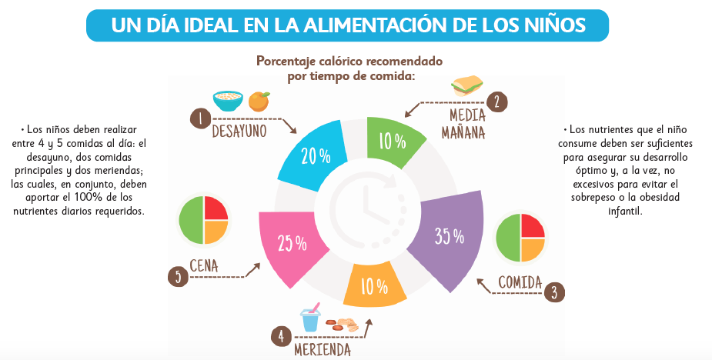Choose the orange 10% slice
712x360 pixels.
(374, 286)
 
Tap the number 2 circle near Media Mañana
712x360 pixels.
(497, 102)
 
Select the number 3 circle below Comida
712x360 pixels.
(553, 292)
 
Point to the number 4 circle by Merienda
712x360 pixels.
(282, 336)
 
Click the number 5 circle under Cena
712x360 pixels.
(178, 276)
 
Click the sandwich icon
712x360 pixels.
(466, 85)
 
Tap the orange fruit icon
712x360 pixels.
(259, 101)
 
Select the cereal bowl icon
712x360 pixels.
(228, 100)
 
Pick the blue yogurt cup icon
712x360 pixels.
(310, 318)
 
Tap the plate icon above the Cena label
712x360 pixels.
(203, 220)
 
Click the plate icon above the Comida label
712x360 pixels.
(520, 236)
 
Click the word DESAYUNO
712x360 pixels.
(239, 131)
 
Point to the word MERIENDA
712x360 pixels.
(323, 350)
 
